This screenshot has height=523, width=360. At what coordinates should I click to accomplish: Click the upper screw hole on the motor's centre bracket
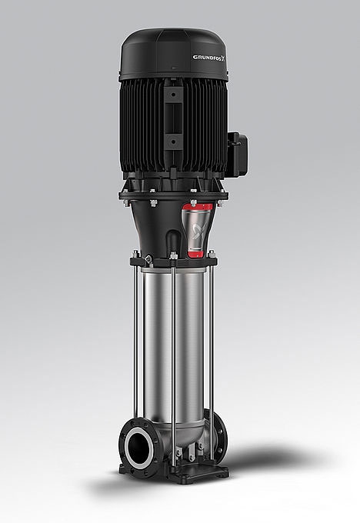172,96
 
